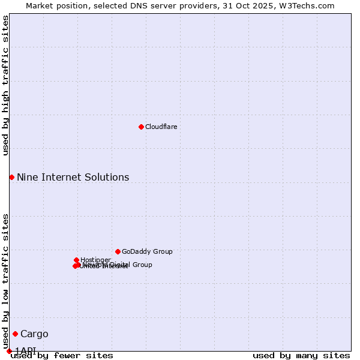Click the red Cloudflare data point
tap(141, 127)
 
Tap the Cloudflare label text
tap(161, 127)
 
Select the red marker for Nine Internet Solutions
tap(11, 177)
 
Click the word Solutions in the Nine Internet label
tap(108, 177)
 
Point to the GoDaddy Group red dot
tap(118, 251)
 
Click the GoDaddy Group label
tap(147, 251)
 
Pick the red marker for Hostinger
tap(77, 260)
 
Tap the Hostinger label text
tap(95, 260)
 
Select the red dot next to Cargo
tap(15, 334)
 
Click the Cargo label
tap(34, 334)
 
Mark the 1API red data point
tap(9, 351)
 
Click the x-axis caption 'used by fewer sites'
tap(62, 355)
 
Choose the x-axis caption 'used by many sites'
tap(301, 355)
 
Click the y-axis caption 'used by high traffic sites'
tap(5, 85)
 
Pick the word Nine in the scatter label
tap(26, 177)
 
